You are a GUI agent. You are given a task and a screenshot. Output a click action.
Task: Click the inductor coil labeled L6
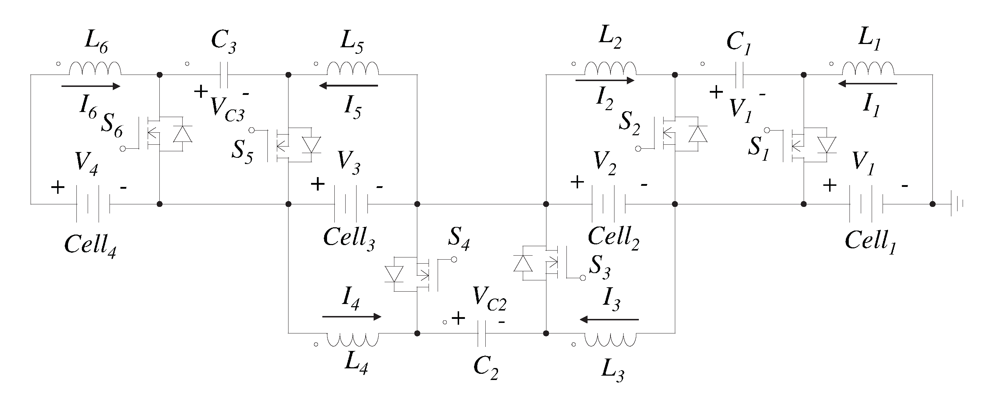tap(95, 69)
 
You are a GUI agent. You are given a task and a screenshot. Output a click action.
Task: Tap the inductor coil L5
tap(353, 69)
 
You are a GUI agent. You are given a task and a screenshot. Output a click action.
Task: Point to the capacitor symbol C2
tap(482, 333)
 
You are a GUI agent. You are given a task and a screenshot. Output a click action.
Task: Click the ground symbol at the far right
tap(958, 204)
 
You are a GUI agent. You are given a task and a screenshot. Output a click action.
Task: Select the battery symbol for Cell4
tap(93, 204)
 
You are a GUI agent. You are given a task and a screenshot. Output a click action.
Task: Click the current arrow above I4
tap(351, 317)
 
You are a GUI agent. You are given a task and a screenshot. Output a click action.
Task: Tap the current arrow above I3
tap(609, 319)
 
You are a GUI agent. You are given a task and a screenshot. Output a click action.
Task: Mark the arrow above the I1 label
tap(867, 84)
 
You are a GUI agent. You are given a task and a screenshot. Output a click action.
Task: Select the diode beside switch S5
tap(311, 145)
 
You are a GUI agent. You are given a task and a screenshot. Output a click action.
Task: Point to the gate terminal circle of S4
tap(454, 259)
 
